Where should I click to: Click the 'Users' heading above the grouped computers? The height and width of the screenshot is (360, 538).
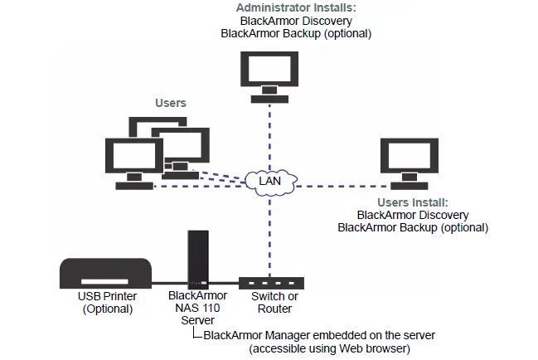click(x=171, y=104)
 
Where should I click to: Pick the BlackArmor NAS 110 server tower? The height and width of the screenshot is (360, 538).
click(x=196, y=258)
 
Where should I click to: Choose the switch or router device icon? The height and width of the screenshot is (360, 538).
click(x=271, y=283)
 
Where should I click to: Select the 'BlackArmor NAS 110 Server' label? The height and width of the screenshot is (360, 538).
click(x=192, y=308)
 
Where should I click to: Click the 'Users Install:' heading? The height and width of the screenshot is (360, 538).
click(x=412, y=202)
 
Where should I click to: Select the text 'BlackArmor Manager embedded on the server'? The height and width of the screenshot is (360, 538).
click(x=319, y=335)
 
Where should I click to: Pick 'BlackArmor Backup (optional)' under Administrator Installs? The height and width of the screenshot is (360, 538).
click(x=295, y=34)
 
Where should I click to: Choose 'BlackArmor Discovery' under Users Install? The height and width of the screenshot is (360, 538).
click(x=412, y=215)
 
